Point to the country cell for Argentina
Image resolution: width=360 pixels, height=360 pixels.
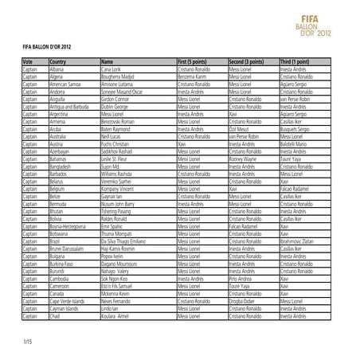[61, 115]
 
